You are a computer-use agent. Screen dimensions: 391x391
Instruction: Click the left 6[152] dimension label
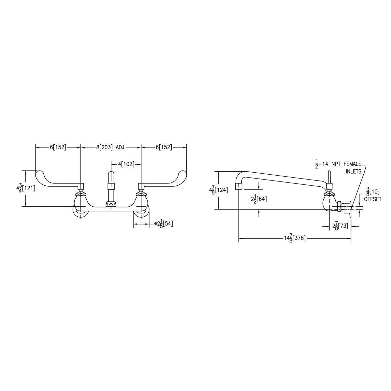(58, 147)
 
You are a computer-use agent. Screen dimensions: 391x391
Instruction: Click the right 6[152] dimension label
(164, 147)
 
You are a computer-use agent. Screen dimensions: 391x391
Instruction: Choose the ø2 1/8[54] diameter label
(163, 224)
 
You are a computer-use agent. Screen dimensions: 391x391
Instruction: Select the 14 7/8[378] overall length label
(295, 239)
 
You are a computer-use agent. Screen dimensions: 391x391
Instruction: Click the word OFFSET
(373, 199)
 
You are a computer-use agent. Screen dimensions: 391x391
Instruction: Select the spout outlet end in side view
(239, 186)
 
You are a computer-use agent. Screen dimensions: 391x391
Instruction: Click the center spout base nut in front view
(111, 204)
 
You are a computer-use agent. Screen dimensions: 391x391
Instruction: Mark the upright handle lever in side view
(330, 178)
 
